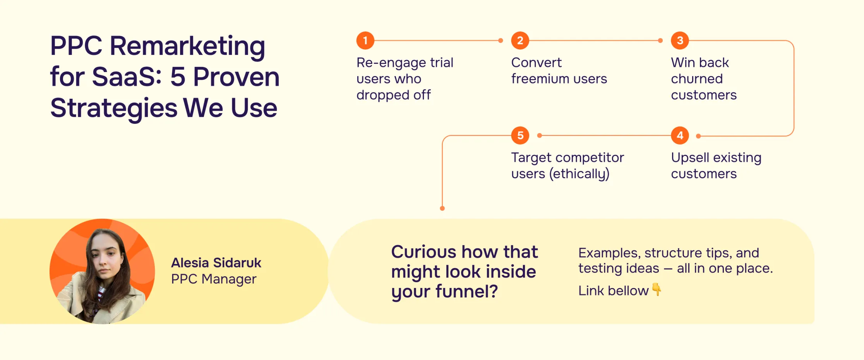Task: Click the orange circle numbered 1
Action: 365,40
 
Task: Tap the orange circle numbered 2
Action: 520,40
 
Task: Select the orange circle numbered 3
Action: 680,40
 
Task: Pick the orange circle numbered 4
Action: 680,135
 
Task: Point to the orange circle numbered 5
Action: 520,135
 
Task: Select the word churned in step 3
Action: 696,79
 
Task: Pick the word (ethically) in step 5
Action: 579,174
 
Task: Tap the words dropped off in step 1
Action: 393,95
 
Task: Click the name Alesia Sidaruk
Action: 216,263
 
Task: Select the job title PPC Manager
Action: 214,279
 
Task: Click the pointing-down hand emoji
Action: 657,289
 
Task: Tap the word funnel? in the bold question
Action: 466,291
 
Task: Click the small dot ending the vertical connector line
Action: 442,208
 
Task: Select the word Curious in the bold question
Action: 418,252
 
